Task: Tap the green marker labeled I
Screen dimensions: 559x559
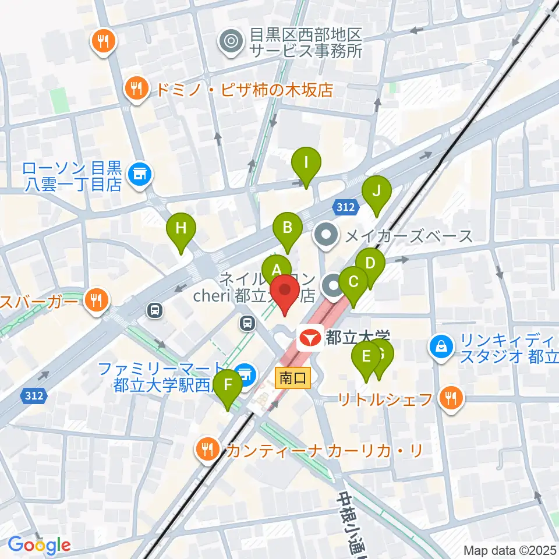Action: coord(306,164)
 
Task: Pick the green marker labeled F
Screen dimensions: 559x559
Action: coord(228,385)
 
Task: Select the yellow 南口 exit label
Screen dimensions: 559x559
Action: coord(293,378)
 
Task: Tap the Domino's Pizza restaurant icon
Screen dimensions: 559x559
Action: coord(137,89)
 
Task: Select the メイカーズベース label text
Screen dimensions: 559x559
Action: coord(409,236)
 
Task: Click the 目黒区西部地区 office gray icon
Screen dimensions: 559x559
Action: coord(231,41)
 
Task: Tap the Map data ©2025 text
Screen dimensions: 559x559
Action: coord(510,550)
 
